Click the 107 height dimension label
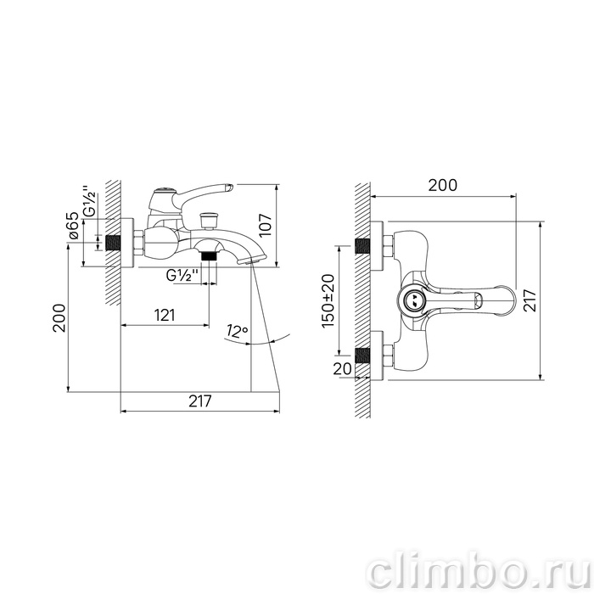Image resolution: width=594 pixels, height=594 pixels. [266, 225]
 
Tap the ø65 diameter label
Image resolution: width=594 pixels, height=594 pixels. [73, 226]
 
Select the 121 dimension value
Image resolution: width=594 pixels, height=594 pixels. [165, 315]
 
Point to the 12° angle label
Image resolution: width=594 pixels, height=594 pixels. [237, 331]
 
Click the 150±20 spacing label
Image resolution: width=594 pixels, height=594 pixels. [328, 300]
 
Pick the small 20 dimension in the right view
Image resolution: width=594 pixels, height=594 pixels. [343, 368]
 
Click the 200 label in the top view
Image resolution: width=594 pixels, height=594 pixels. [442, 185]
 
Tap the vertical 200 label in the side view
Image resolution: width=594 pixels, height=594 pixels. [59, 318]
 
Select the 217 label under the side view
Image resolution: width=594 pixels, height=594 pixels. [200, 401]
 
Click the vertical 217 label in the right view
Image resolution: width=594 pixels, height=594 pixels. [530, 300]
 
